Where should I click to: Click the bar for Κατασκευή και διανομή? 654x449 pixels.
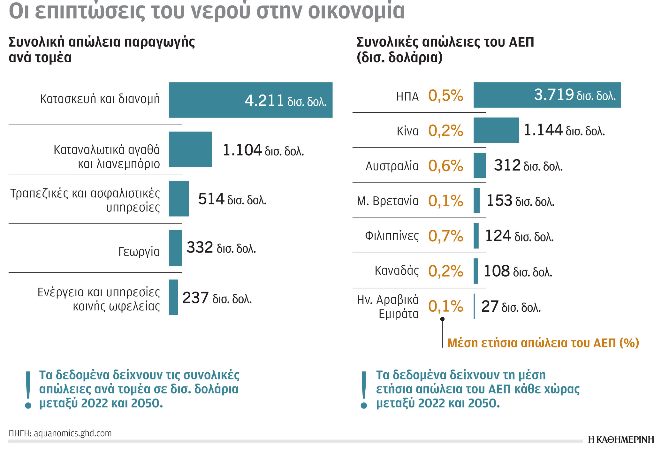coord(250,100)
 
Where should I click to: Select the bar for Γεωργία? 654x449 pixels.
coord(175,248)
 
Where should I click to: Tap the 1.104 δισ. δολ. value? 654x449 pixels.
coord(263,150)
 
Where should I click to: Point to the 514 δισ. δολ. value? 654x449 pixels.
coord(232,200)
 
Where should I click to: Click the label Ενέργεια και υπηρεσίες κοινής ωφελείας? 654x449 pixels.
coord(99,299)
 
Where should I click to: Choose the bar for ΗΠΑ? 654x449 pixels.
coord(547,95)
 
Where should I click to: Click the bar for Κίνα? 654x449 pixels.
coord(496,130)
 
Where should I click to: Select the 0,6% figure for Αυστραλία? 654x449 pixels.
coord(445,166)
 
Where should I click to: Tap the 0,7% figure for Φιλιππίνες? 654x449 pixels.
coord(445,236)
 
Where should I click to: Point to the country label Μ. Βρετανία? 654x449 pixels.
coord(388,201)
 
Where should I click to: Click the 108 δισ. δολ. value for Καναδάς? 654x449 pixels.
coord(518,271)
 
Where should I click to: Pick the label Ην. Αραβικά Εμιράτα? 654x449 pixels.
coord(388,307)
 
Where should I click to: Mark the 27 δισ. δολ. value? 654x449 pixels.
coord(511,307)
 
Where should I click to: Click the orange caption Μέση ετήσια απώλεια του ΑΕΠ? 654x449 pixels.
coord(543,343)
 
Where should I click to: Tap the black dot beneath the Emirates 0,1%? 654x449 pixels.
coord(442,319)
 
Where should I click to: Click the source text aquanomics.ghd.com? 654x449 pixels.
coord(73,433)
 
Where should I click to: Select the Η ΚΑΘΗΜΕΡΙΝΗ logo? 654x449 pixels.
coord(620,440)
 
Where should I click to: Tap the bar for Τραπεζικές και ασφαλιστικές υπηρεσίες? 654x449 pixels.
coord(179,199)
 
